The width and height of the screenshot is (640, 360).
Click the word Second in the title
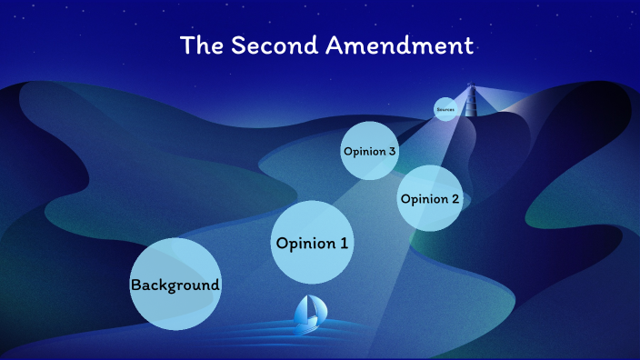264,45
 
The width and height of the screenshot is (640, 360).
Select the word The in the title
201,45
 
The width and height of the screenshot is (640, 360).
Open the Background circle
175,285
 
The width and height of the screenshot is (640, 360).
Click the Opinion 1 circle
312,243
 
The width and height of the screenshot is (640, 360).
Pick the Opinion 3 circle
369,151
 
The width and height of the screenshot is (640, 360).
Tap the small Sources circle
445,109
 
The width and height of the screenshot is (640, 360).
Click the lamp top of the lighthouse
470,87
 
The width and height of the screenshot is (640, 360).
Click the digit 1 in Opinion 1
344,243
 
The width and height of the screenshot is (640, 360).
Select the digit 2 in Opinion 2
456,199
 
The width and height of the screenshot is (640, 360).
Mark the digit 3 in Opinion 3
393,151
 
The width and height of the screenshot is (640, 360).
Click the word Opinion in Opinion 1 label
305,244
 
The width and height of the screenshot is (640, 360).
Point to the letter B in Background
135,285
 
